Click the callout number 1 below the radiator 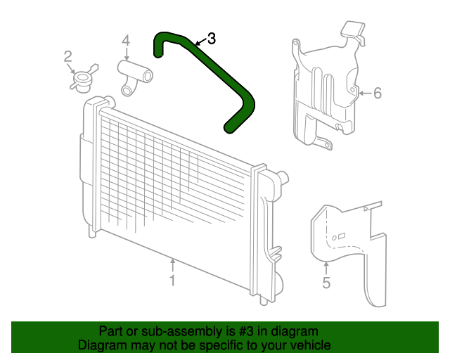click(x=172, y=281)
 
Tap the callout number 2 click(x=69, y=56)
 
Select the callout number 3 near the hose click(x=211, y=39)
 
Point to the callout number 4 click(x=126, y=41)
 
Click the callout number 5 click(x=326, y=283)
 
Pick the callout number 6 click(x=377, y=93)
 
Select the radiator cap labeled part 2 click(x=83, y=79)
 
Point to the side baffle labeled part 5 click(x=348, y=246)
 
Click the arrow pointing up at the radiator click(x=172, y=264)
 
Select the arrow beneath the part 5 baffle click(x=326, y=267)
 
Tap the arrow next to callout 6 click(x=363, y=93)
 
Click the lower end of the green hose click(x=230, y=127)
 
